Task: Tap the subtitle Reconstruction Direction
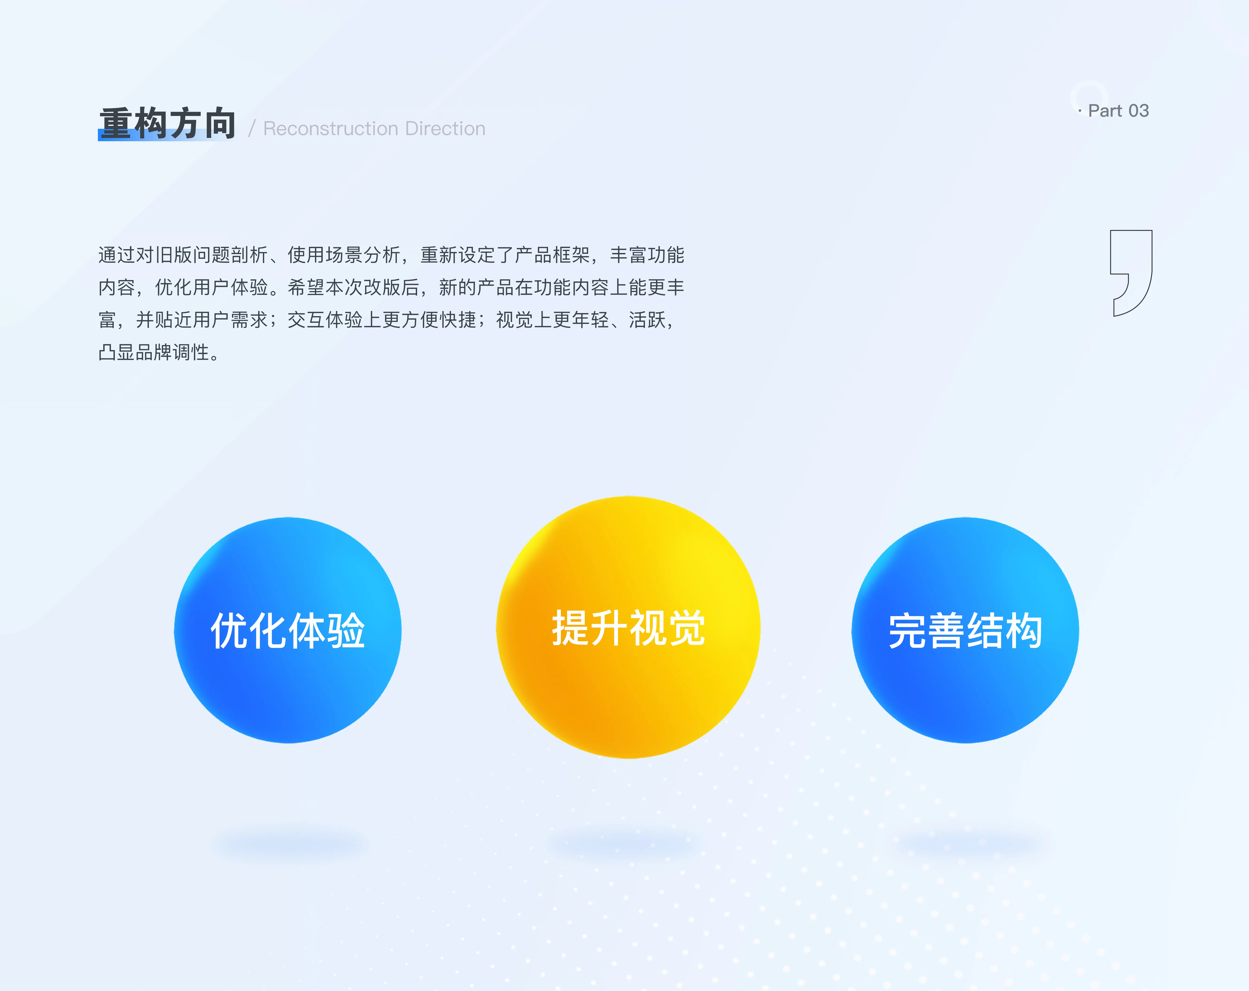374,129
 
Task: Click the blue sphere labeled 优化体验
288,630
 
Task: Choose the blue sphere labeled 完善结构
965,630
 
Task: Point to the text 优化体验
288,631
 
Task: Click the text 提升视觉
629,628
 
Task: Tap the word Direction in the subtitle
445,129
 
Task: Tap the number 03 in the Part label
1138,111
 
